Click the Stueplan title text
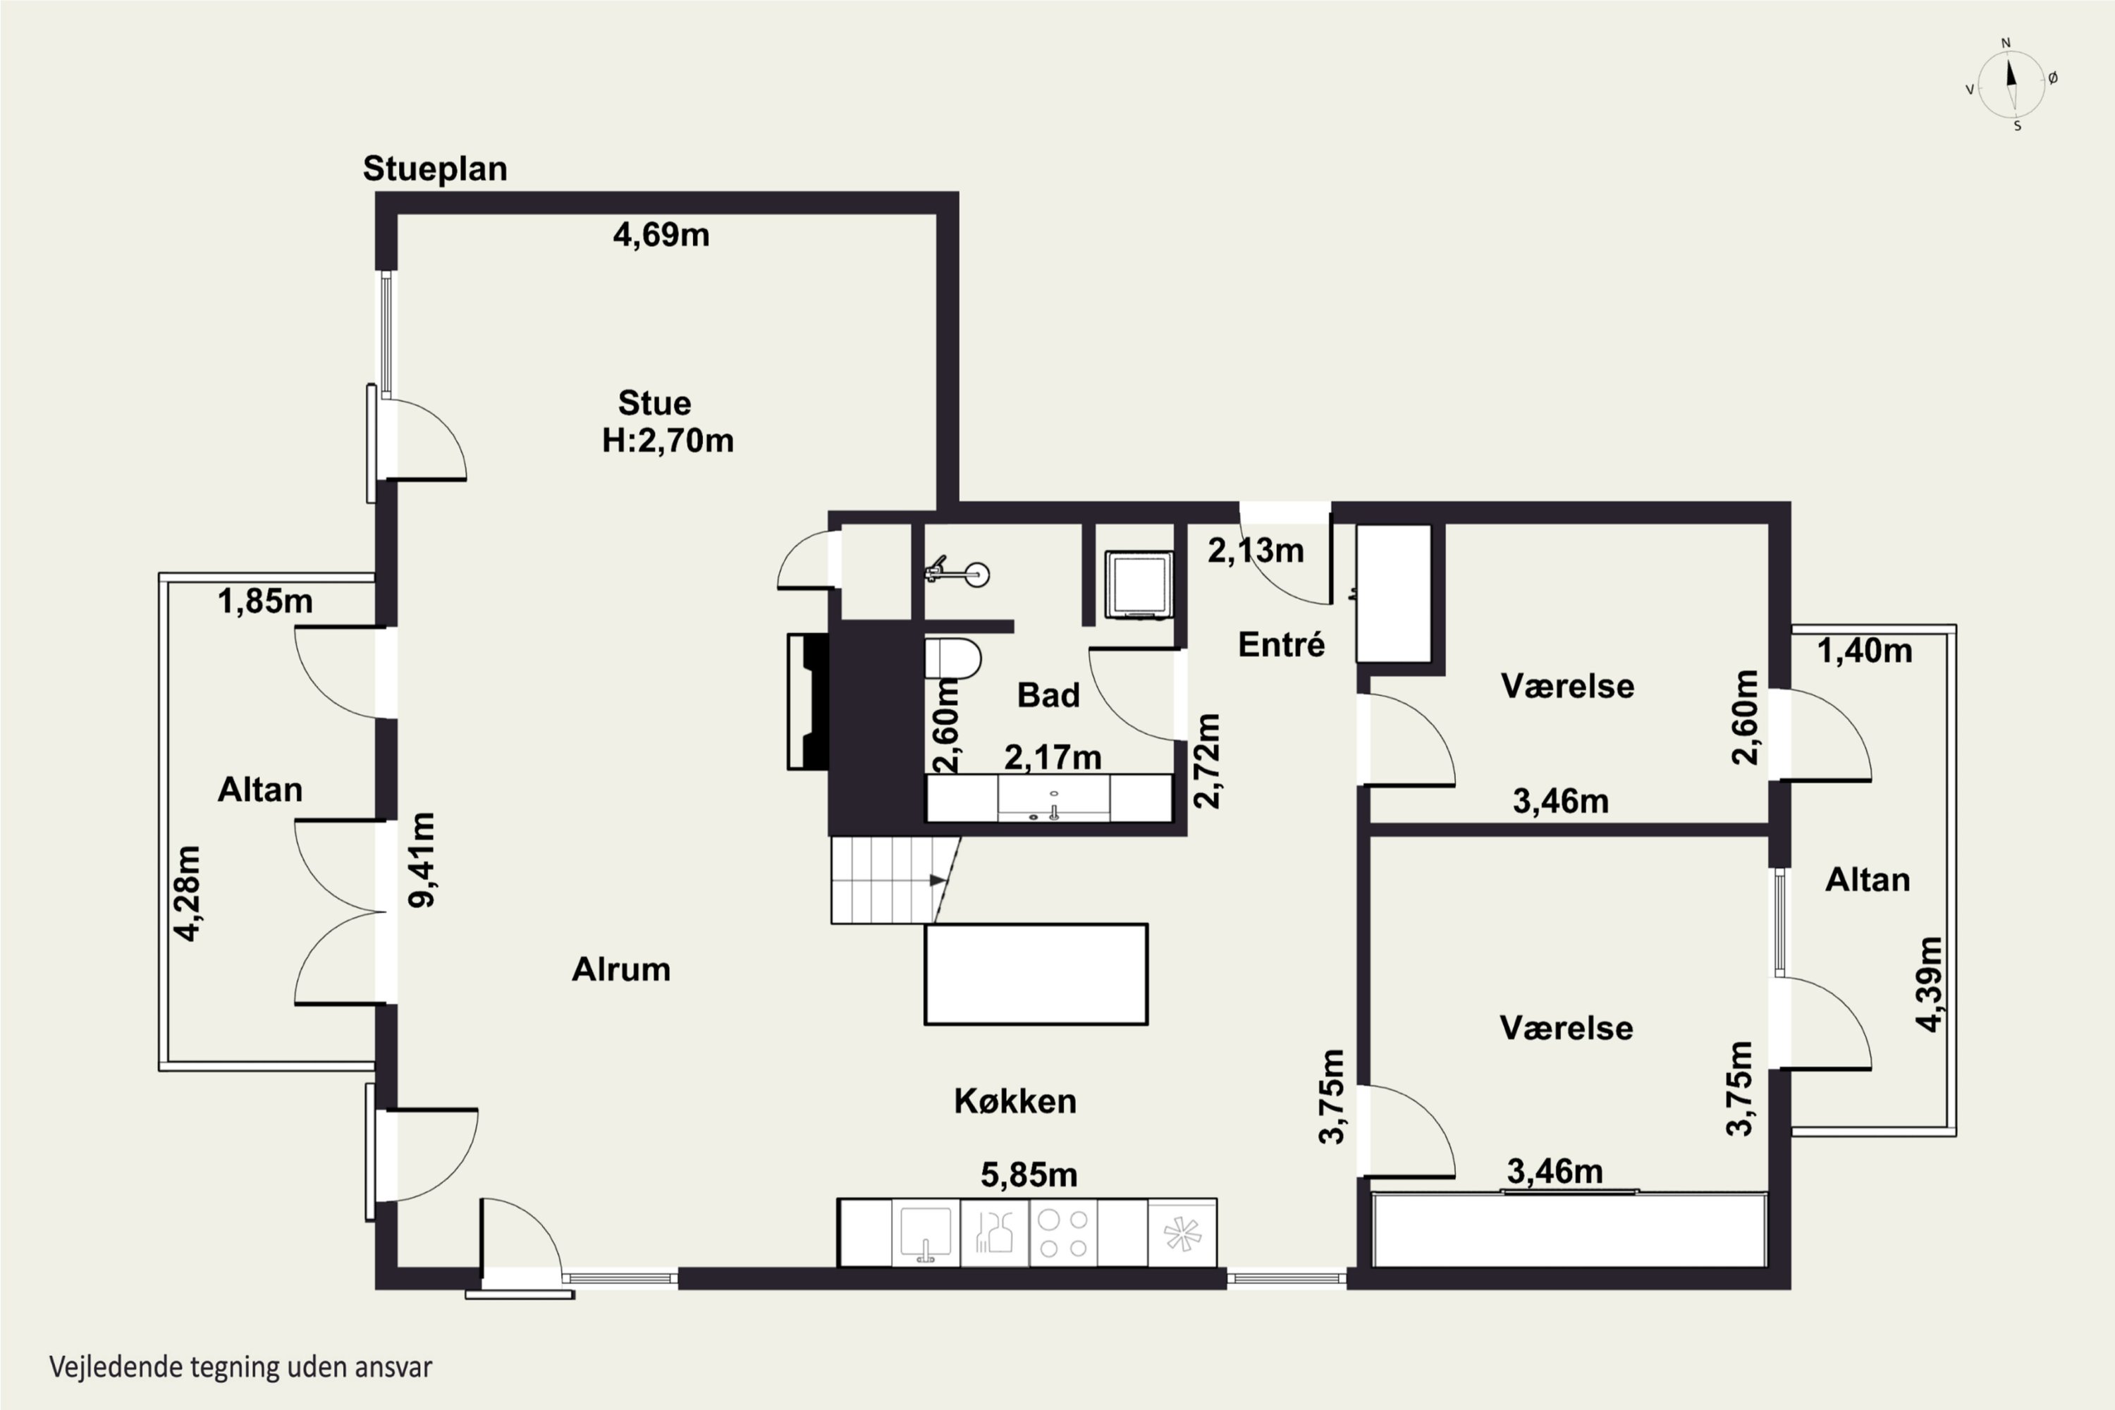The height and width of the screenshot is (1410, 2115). [x=435, y=169]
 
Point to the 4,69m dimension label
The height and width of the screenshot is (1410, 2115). [x=661, y=235]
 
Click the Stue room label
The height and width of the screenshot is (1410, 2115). [x=655, y=403]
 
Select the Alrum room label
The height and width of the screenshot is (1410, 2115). [x=621, y=969]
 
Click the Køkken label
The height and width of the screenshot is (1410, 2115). [x=1015, y=1101]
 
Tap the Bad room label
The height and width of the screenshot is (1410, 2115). [x=1048, y=695]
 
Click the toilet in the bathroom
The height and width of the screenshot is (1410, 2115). [x=952, y=658]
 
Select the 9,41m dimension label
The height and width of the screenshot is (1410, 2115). [x=422, y=859]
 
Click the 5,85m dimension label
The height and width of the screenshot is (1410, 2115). [x=1029, y=1175]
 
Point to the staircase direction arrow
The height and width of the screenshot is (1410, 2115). [x=938, y=881]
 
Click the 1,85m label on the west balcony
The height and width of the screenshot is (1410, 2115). [x=265, y=601]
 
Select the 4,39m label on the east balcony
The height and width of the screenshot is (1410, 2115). [x=1929, y=985]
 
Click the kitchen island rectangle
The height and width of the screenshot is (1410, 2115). [x=1036, y=974]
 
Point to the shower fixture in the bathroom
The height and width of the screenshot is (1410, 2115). [x=959, y=572]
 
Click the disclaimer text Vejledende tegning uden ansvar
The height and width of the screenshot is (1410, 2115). [x=240, y=1367]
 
